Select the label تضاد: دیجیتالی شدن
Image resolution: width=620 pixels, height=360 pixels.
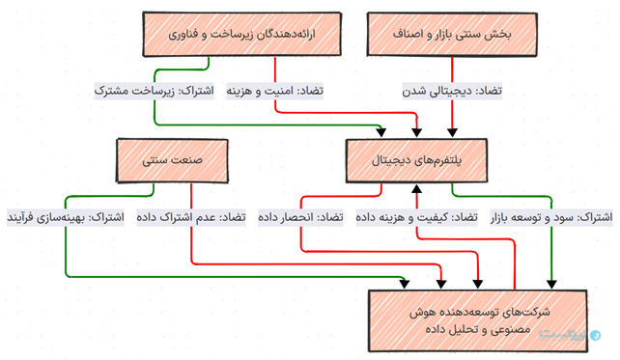coord(453,91)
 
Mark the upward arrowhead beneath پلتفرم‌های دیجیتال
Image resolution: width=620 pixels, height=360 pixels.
coord(417,186)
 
